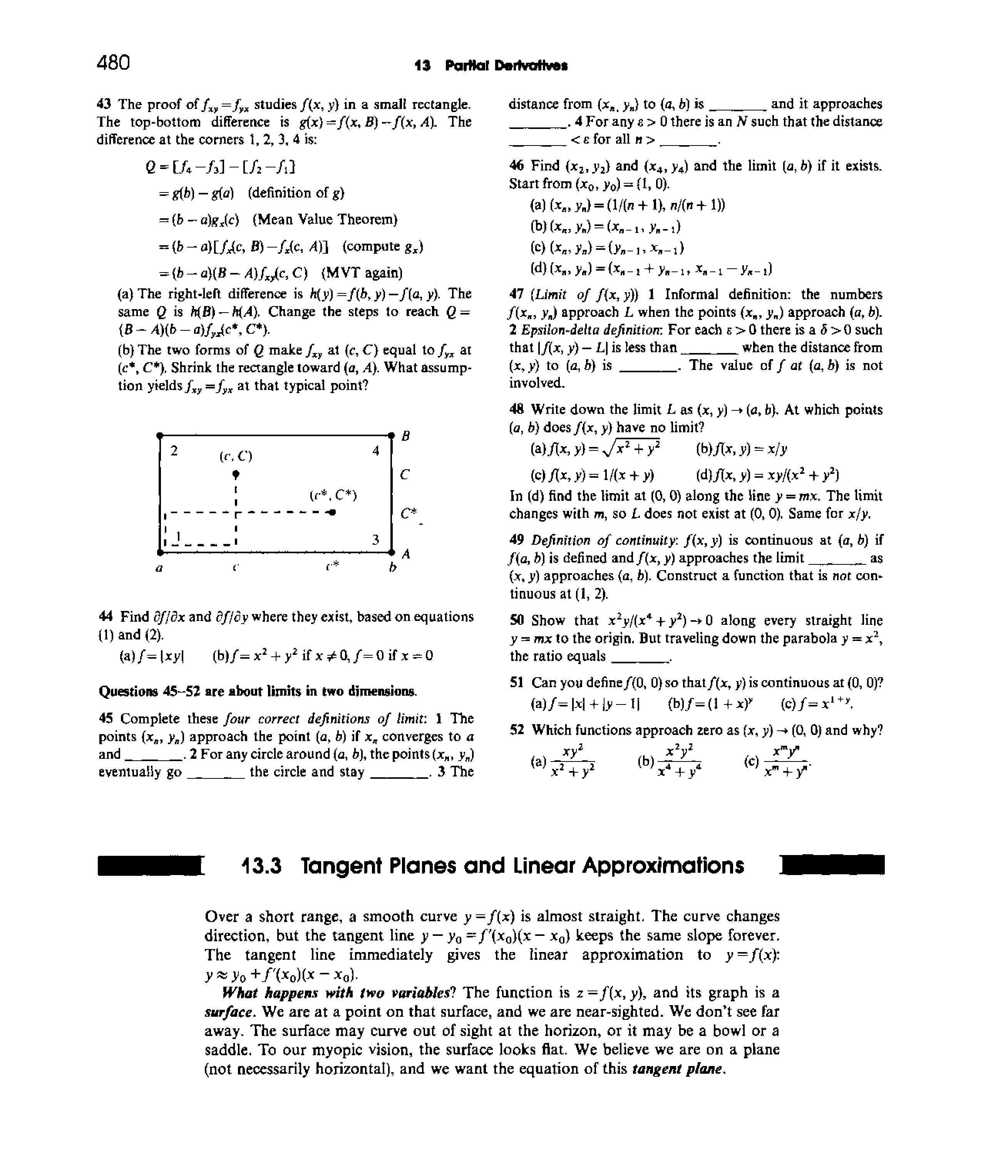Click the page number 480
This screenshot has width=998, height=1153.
[114, 62]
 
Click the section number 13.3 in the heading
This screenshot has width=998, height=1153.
[262, 866]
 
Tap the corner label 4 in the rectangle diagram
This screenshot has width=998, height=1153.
[376, 450]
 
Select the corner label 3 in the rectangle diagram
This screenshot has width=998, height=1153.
[376, 539]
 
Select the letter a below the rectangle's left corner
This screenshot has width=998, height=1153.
[159, 569]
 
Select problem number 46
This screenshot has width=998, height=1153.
[517, 166]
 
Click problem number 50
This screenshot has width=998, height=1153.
[517, 620]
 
